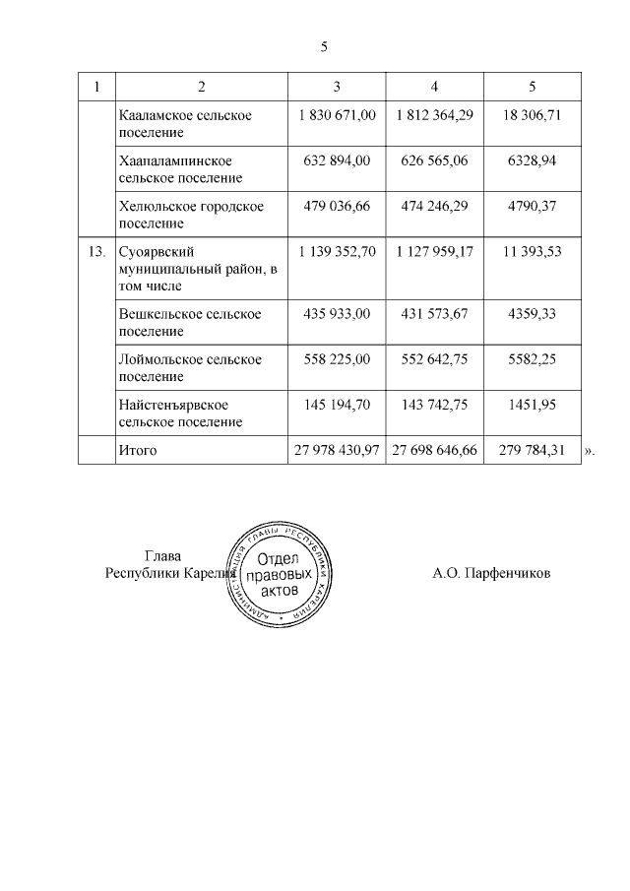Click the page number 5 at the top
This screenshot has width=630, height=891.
coord(324,46)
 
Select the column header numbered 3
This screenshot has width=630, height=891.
coord(336,86)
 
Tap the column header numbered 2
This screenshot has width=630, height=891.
coord(201,86)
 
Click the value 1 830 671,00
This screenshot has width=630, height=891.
coord(336,115)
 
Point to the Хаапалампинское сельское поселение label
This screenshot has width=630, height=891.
coord(180,168)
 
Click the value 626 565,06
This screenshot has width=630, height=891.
coord(435,160)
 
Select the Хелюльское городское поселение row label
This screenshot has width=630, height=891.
coord(190,214)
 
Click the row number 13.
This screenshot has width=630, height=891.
coord(96,251)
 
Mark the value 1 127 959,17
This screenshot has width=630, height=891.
coord(435,251)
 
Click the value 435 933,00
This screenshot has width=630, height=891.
coord(336,313)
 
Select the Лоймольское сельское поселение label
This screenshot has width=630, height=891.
coord(189,367)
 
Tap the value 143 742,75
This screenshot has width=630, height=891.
coord(435,405)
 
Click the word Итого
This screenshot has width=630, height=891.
coord(137,450)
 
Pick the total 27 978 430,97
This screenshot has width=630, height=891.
coord(336,450)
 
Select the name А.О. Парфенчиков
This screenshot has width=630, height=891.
coord(491,572)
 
